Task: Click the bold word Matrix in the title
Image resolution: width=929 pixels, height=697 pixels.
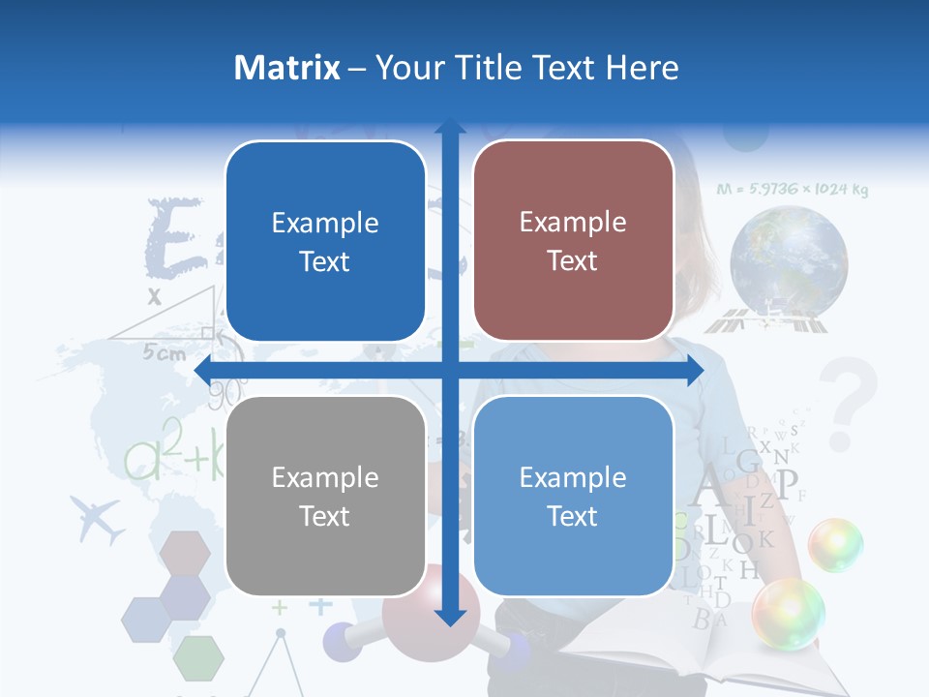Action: (287, 68)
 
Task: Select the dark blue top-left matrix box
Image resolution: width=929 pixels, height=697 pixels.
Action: (325, 241)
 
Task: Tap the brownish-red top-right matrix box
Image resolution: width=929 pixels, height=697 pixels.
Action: (573, 241)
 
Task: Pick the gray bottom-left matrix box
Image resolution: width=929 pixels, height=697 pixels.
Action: (325, 496)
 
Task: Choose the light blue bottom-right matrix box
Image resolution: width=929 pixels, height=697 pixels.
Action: (573, 496)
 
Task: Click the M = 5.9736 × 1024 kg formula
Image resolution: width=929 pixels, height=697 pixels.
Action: (792, 190)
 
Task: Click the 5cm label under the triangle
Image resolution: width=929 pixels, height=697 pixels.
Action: (164, 353)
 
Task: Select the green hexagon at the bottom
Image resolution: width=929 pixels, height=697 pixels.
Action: (198, 658)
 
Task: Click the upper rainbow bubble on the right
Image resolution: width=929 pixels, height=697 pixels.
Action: (835, 544)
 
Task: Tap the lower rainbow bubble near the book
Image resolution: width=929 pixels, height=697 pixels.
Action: (788, 612)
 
